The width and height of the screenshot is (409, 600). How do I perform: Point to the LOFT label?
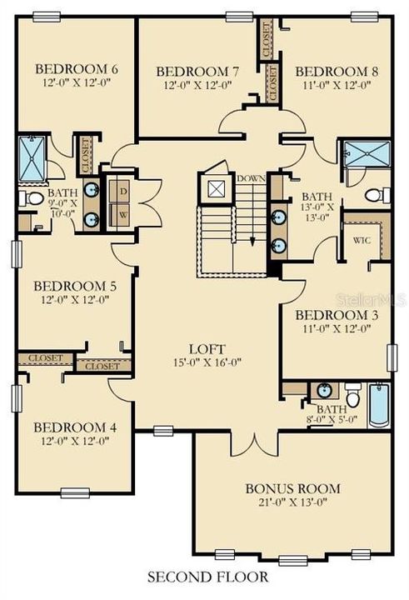tap(205, 349)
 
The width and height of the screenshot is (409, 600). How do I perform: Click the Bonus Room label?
tap(282, 487)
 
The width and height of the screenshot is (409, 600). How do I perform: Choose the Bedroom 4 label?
tap(75, 427)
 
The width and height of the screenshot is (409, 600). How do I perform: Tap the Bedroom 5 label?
tap(75, 286)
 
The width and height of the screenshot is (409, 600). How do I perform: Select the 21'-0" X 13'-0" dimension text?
tap(282, 502)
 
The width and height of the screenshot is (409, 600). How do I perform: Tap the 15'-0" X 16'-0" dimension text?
tap(205, 363)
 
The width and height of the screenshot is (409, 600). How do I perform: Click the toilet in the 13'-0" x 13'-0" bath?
tap(374, 195)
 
